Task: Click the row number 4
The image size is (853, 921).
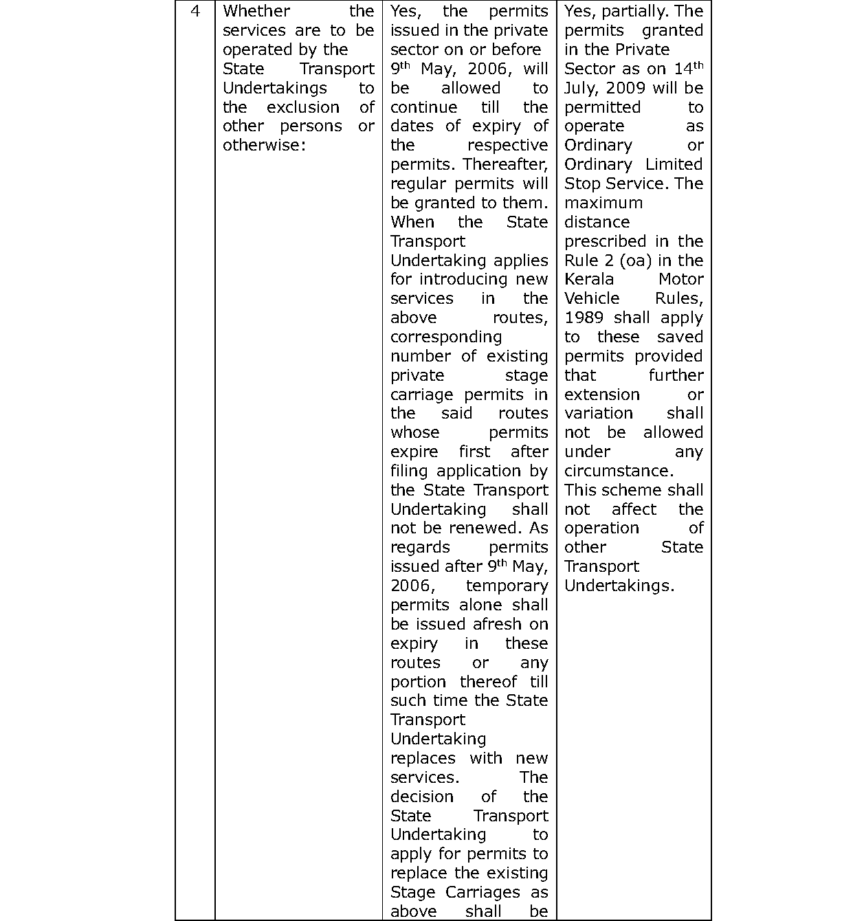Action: click(x=195, y=12)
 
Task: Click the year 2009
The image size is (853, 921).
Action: click(x=619, y=89)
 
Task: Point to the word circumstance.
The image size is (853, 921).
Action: click(x=619, y=471)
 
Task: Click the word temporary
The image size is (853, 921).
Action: click(x=507, y=586)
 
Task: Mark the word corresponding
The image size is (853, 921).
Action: click(x=446, y=337)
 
